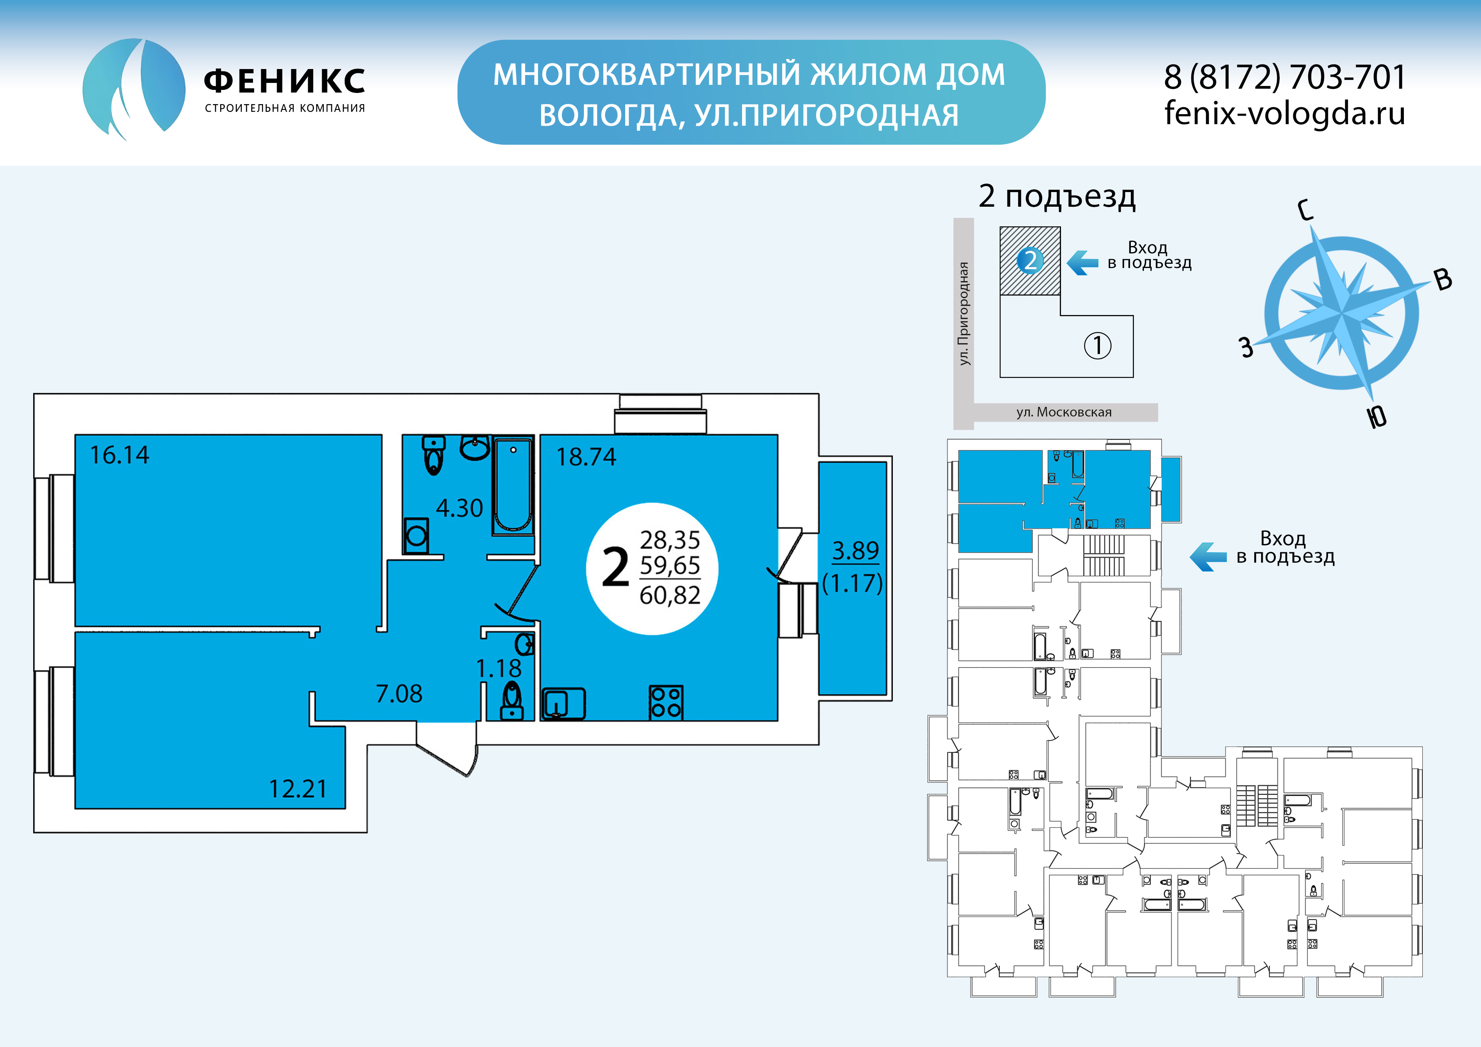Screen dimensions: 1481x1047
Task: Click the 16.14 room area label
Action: [x=119, y=455]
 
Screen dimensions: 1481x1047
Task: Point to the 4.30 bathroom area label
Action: [x=459, y=508]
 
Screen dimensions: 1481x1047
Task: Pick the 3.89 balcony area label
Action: [x=855, y=550]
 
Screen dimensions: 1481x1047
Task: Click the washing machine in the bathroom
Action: [x=416, y=535]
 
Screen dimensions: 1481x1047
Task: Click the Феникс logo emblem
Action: [x=133, y=88]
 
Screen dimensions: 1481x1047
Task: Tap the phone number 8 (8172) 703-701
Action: [x=1284, y=78]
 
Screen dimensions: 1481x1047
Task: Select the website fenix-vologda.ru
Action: [x=1284, y=113]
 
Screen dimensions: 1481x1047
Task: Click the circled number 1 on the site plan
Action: [x=1097, y=346]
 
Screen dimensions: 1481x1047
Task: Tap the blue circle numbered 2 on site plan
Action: [x=1030, y=261]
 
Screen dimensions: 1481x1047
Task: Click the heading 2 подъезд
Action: [x=1057, y=196]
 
